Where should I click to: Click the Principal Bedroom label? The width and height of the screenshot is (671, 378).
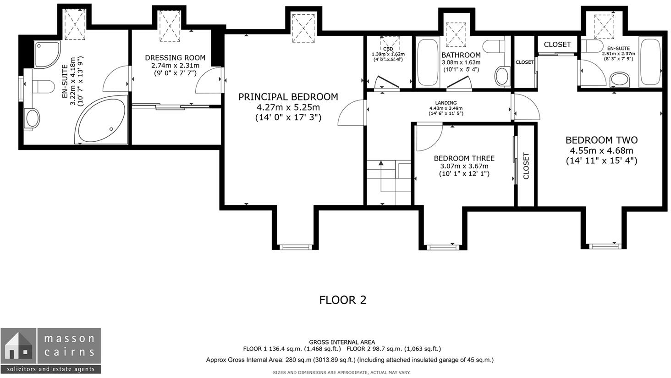pos(288,97)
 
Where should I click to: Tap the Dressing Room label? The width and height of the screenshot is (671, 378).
pos(175,57)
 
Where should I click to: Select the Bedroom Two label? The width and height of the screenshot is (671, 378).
pos(601,140)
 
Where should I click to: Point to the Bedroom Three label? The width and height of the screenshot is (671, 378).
pos(464,158)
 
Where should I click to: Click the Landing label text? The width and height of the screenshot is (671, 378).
pos(446,103)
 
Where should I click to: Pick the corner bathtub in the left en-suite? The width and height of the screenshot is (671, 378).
pos(101,120)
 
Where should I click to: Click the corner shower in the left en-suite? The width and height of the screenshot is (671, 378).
pos(47,54)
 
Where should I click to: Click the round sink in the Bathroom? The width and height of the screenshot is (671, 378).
pos(502,76)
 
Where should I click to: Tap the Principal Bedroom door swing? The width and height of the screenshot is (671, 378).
pos(351,112)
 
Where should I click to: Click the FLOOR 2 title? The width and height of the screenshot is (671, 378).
pos(343,300)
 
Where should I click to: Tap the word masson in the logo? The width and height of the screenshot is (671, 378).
pos(69,339)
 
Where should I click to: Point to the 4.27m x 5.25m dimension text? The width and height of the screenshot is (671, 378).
pos(288,107)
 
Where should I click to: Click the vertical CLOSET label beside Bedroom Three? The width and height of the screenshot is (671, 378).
pos(526,166)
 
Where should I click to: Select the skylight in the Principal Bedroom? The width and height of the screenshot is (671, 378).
pos(303,28)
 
